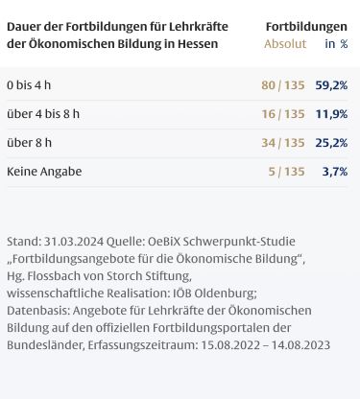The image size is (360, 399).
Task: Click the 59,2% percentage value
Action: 331,85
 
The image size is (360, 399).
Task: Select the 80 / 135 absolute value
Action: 283,85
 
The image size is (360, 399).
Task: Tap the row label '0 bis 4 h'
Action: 29,85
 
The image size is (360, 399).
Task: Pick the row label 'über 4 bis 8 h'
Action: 43,114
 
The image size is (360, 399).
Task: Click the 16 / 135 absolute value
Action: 283,114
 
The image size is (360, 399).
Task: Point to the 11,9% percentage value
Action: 331,114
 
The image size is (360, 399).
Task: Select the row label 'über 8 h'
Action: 29,143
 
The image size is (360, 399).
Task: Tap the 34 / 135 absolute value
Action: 283,143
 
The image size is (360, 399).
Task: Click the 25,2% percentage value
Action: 331,143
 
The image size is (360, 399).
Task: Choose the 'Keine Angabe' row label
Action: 44,172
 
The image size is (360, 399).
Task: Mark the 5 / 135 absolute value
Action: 286,172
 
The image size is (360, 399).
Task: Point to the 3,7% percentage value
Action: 335,172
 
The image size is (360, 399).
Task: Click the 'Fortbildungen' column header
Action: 306,27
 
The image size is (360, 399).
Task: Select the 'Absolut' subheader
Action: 285,44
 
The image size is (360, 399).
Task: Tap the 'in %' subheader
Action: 336,44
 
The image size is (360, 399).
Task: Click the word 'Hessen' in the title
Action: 198,44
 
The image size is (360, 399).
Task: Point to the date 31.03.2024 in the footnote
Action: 74,242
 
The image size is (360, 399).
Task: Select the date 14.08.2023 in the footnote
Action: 300,345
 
